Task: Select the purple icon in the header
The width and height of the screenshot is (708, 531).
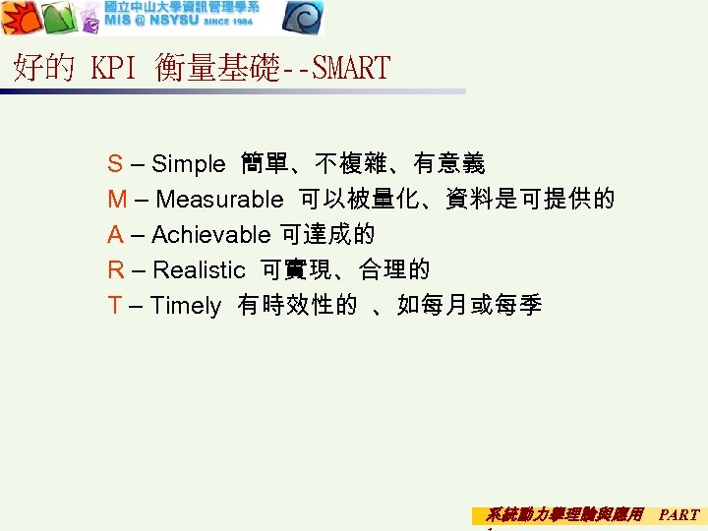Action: pyautogui.click(x=89, y=21)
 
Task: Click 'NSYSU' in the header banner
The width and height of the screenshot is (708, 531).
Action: pyautogui.click(x=171, y=21)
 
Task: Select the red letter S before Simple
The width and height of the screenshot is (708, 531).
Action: pyautogui.click(x=115, y=163)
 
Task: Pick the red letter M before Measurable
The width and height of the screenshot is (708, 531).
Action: pyautogui.click(x=117, y=200)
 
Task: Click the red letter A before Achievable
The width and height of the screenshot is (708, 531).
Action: pyautogui.click(x=115, y=235)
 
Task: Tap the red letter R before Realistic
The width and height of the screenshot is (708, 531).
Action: pyautogui.click(x=116, y=270)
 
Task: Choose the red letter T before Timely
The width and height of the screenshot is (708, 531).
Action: pyautogui.click(x=115, y=306)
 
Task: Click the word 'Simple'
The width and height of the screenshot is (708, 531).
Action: pyautogui.click(x=189, y=163)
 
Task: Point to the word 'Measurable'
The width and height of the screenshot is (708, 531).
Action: pyautogui.click(x=218, y=200)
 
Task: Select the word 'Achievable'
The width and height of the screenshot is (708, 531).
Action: pyautogui.click(x=210, y=235)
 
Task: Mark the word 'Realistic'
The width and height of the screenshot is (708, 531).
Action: pyautogui.click(x=199, y=270)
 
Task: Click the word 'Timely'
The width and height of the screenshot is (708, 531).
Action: pyautogui.click(x=186, y=306)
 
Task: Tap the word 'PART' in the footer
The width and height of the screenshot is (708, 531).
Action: pyautogui.click(x=678, y=514)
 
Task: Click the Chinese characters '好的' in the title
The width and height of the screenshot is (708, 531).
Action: pyautogui.click(x=43, y=68)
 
